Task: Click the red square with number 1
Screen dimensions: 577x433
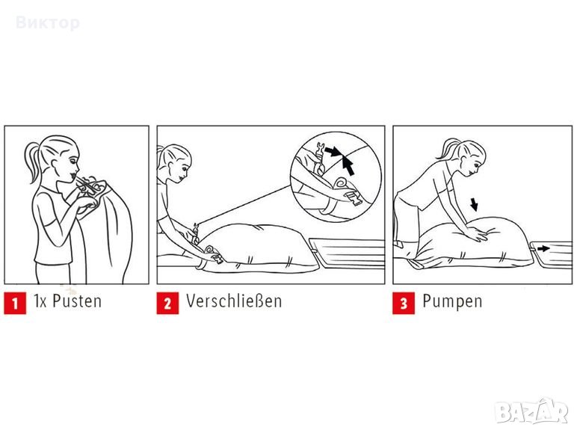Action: (15, 303)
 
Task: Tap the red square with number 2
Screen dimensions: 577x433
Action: (167, 303)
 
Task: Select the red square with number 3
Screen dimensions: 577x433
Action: (404, 303)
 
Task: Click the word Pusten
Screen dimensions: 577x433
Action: (77, 301)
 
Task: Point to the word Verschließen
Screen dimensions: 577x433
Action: (234, 301)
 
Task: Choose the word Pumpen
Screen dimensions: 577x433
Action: (452, 301)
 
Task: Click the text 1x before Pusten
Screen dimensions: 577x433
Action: (40, 301)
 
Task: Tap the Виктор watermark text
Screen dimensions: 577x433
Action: (48, 23)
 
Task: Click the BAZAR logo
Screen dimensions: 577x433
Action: (532, 411)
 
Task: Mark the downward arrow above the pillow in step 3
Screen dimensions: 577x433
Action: (475, 205)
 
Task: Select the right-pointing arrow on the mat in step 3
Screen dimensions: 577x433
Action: (543, 248)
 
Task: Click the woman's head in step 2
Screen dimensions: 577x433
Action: (176, 163)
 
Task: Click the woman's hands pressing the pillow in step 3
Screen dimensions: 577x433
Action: (477, 232)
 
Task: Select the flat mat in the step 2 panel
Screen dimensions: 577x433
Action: (348, 252)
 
